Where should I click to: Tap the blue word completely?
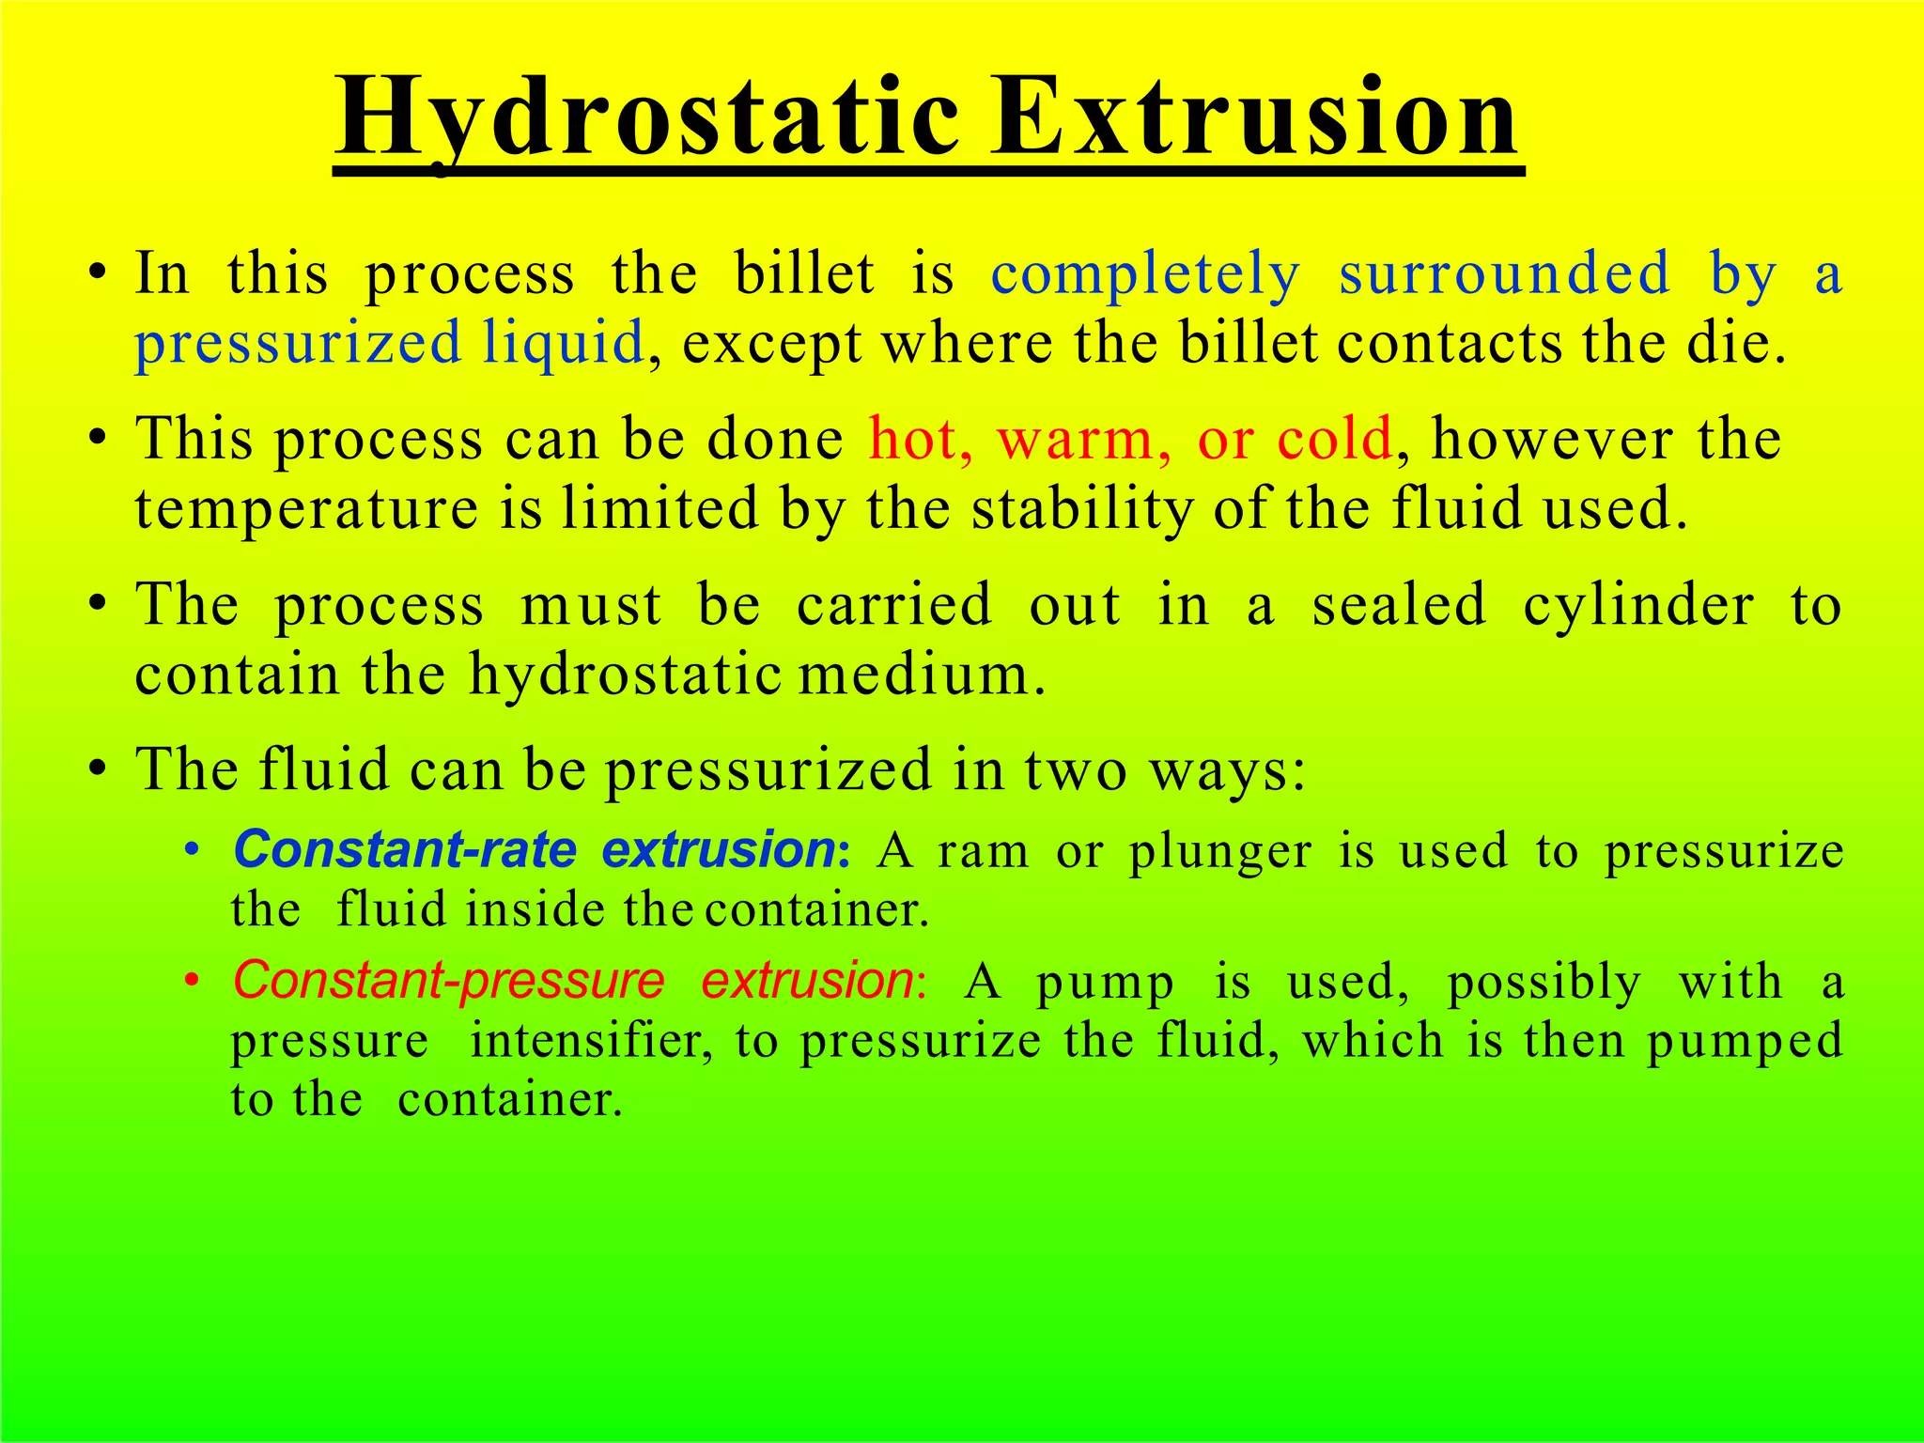1145,275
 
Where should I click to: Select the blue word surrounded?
1504,275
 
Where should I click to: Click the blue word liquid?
563,342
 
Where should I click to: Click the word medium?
921,675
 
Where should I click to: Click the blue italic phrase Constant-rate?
405,850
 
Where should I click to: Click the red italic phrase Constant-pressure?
449,981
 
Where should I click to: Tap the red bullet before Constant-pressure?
192,982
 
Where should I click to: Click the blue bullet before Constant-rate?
192,851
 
